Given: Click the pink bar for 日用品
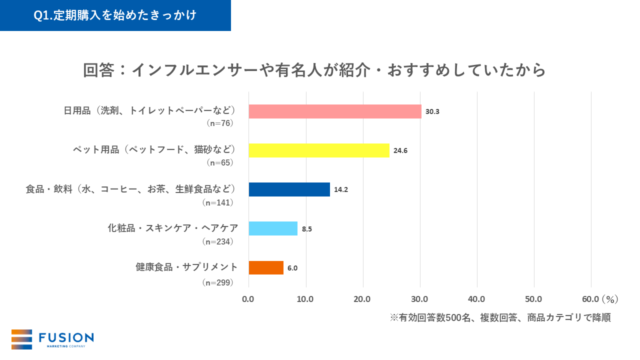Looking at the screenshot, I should point(335,111).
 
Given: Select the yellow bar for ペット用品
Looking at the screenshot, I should point(319,150).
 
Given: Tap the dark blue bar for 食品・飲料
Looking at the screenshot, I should point(289,189).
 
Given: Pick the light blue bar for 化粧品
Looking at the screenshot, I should point(273,228).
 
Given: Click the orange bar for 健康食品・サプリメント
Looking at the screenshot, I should point(266,267).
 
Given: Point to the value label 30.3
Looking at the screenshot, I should point(432,111).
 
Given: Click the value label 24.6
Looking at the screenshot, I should point(400,150).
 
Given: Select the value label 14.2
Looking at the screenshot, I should point(341,189).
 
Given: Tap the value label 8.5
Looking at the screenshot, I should point(307,229).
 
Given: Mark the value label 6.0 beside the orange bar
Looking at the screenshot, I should point(292,268).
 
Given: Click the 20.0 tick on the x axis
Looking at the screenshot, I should point(362,299).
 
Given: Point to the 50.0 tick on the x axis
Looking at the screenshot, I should point(533,299).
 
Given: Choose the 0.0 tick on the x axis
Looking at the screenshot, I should point(248,299).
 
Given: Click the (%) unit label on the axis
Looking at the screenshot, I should point(609,299).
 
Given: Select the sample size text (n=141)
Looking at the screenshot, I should point(218,202).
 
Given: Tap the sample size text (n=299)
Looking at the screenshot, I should point(218,282).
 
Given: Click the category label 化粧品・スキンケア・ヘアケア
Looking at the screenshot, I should point(172,228).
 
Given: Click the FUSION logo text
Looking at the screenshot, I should point(66,337).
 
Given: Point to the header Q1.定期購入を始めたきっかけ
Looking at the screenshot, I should point(115,15).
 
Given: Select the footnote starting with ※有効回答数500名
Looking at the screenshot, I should point(500,318).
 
